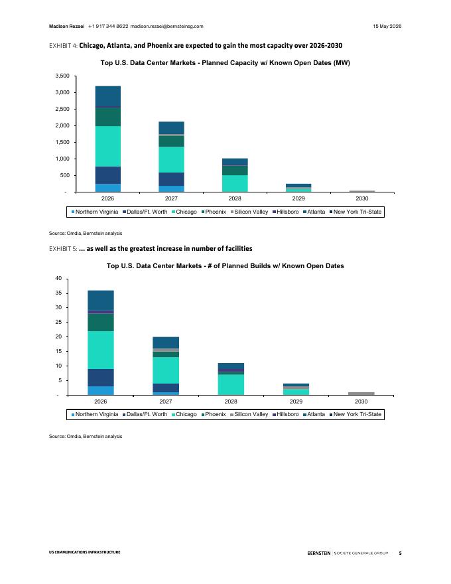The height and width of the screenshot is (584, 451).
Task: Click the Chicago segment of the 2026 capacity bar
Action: (x=108, y=147)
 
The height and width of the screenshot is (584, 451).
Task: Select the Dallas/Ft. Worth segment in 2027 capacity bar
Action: (x=171, y=179)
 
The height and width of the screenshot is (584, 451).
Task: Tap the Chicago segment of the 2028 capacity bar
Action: (x=235, y=184)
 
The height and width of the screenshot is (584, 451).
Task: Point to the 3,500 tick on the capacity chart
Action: (x=62, y=76)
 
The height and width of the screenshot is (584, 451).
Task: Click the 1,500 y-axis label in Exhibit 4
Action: (x=62, y=142)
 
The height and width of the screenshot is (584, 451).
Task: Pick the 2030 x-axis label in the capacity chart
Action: (x=361, y=198)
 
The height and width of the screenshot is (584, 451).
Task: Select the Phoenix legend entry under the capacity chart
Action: (x=214, y=212)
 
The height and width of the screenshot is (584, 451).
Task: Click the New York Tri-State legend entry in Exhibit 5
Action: (x=355, y=414)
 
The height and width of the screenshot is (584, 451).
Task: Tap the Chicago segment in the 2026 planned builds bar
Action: (x=101, y=350)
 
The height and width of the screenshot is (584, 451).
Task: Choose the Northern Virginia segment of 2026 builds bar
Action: (x=101, y=391)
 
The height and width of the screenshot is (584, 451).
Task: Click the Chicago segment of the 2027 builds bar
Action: (x=166, y=370)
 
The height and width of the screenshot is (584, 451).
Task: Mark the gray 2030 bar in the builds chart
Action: (x=361, y=394)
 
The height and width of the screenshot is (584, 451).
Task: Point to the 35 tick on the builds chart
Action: (x=58, y=293)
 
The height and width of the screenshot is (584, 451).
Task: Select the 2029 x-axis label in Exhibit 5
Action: (x=296, y=402)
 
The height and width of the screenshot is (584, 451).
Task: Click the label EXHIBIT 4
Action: (x=63, y=46)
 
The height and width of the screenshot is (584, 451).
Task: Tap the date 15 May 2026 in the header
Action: (x=387, y=26)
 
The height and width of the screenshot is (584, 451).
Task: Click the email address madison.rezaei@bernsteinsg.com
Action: (x=166, y=26)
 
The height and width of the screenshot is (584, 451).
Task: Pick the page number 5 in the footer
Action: (x=400, y=553)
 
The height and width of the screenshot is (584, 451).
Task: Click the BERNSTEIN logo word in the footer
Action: (x=318, y=553)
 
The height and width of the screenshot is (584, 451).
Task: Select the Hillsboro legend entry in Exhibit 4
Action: (x=285, y=212)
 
